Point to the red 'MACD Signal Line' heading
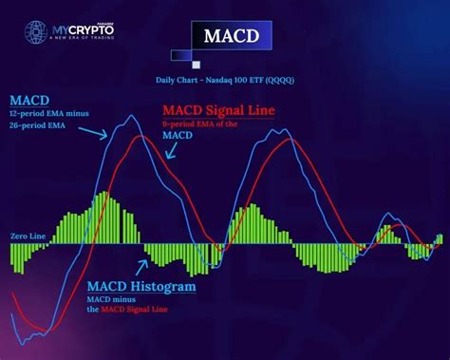pos(218,110)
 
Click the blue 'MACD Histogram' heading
pos(142,286)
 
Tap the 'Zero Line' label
pos(28,236)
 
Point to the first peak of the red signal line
pos(141,137)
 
